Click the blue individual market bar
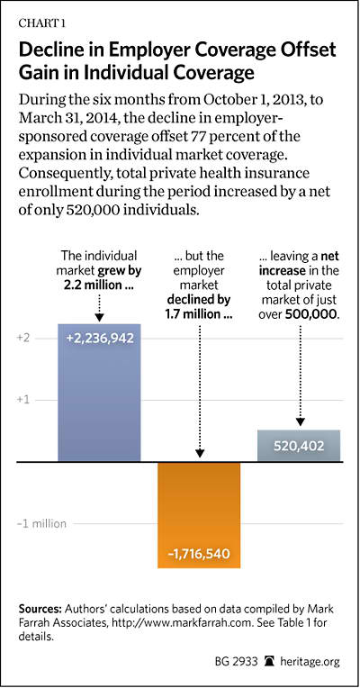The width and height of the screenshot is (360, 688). point(99,393)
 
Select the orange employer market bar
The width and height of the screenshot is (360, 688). point(199,515)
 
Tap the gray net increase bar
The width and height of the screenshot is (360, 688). point(299,446)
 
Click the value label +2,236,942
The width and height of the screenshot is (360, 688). point(99,339)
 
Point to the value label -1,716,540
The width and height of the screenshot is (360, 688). point(199,553)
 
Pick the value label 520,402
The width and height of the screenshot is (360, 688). point(299,447)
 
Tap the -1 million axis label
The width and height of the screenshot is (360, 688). point(42,523)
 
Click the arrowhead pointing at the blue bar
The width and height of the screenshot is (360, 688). point(99,318)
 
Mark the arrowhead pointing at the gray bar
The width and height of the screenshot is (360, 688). point(300,421)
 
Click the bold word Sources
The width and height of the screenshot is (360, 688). point(40,610)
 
